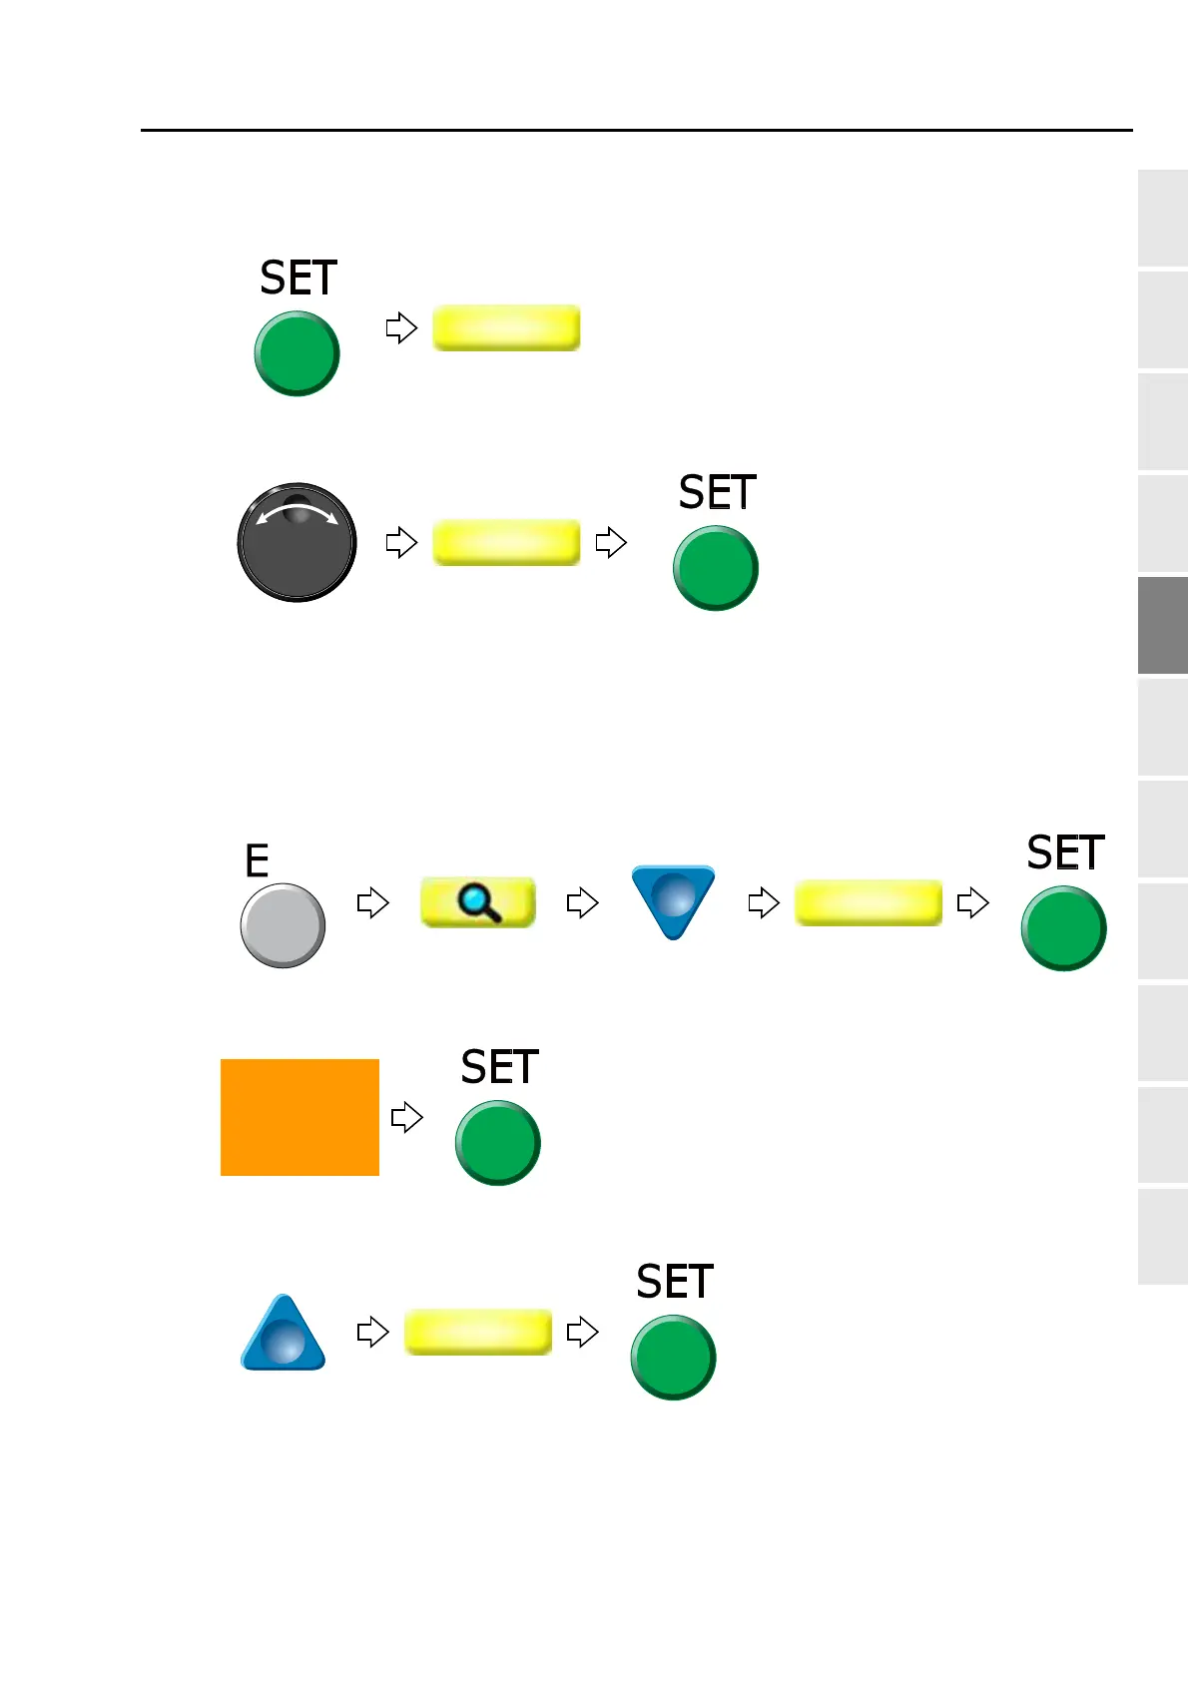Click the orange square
click(x=299, y=1117)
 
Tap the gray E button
click(x=283, y=925)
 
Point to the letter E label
click(x=257, y=860)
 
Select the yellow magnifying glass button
click(x=478, y=902)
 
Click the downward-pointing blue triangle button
click(x=674, y=897)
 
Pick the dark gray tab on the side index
click(x=1162, y=625)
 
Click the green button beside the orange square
click(x=497, y=1143)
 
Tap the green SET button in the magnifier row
click(x=1063, y=928)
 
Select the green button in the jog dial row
click(x=715, y=568)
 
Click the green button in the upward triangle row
click(x=673, y=1358)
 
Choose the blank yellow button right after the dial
click(x=506, y=543)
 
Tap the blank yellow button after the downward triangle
click(x=868, y=902)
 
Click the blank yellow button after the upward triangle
click(x=478, y=1332)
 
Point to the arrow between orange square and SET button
click(x=406, y=1117)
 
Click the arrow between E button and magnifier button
click(x=372, y=903)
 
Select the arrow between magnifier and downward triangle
click(x=582, y=903)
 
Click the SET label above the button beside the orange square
click(x=499, y=1068)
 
